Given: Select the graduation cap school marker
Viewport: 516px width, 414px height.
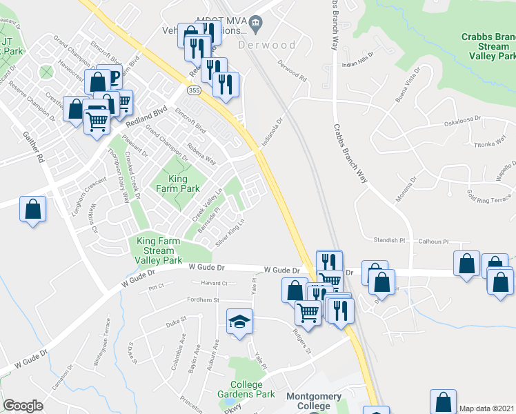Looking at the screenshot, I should coord(240,322).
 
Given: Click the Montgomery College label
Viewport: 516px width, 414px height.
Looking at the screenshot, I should coord(313,401).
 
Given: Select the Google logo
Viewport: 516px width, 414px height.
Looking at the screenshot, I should coord(23,406).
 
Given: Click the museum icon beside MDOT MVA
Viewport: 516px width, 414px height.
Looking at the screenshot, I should coord(255,25).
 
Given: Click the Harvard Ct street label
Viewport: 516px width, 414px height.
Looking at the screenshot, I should coord(214,283).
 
